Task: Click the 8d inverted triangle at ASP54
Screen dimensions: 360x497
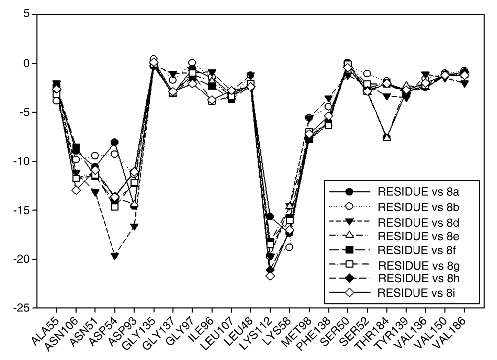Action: (x=115, y=256)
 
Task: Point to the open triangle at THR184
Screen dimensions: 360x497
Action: (x=387, y=137)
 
